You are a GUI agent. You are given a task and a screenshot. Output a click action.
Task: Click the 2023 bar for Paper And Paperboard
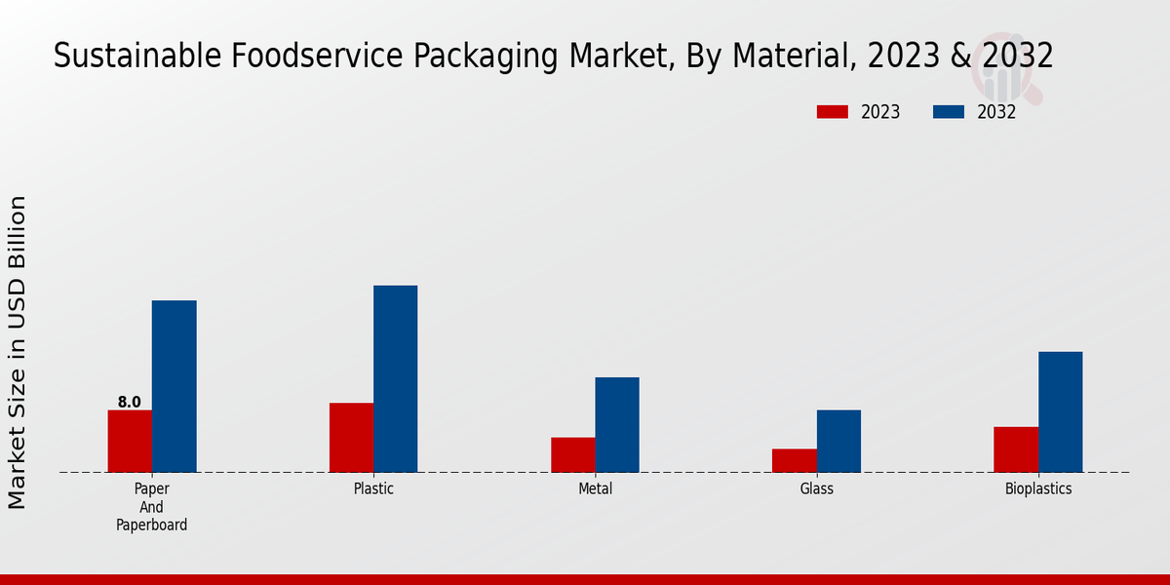click(x=130, y=441)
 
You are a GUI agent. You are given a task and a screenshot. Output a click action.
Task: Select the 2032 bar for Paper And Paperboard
click(x=174, y=386)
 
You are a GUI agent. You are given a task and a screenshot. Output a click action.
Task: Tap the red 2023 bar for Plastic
click(x=351, y=438)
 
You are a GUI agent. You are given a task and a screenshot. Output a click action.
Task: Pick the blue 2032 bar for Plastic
click(x=395, y=378)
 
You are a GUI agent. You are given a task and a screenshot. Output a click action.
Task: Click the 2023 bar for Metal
click(x=572, y=454)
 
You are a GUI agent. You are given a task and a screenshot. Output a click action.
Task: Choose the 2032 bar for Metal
click(x=617, y=424)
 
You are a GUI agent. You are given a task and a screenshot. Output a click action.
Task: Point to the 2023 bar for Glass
click(x=794, y=460)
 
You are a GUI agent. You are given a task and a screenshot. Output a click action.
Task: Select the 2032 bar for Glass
click(x=838, y=441)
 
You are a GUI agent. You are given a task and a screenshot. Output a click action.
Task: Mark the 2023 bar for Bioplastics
click(x=1016, y=449)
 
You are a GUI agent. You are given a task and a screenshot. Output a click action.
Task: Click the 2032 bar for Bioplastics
click(x=1060, y=411)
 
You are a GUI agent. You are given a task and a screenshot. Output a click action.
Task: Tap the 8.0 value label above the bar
click(x=130, y=402)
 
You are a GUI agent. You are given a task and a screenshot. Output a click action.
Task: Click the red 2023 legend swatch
click(x=833, y=112)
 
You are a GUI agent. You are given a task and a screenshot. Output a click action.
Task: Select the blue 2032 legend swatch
click(x=949, y=112)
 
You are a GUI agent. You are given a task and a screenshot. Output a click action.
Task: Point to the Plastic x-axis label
click(x=373, y=488)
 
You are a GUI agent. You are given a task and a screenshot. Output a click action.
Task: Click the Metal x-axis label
click(x=595, y=488)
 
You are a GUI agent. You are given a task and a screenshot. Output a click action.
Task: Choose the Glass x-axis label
click(x=817, y=488)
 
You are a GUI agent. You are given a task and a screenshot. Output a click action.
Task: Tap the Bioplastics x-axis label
click(x=1038, y=488)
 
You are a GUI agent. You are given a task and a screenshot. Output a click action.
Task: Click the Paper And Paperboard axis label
click(x=151, y=507)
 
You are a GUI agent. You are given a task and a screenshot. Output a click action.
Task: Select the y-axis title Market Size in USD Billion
click(x=18, y=352)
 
